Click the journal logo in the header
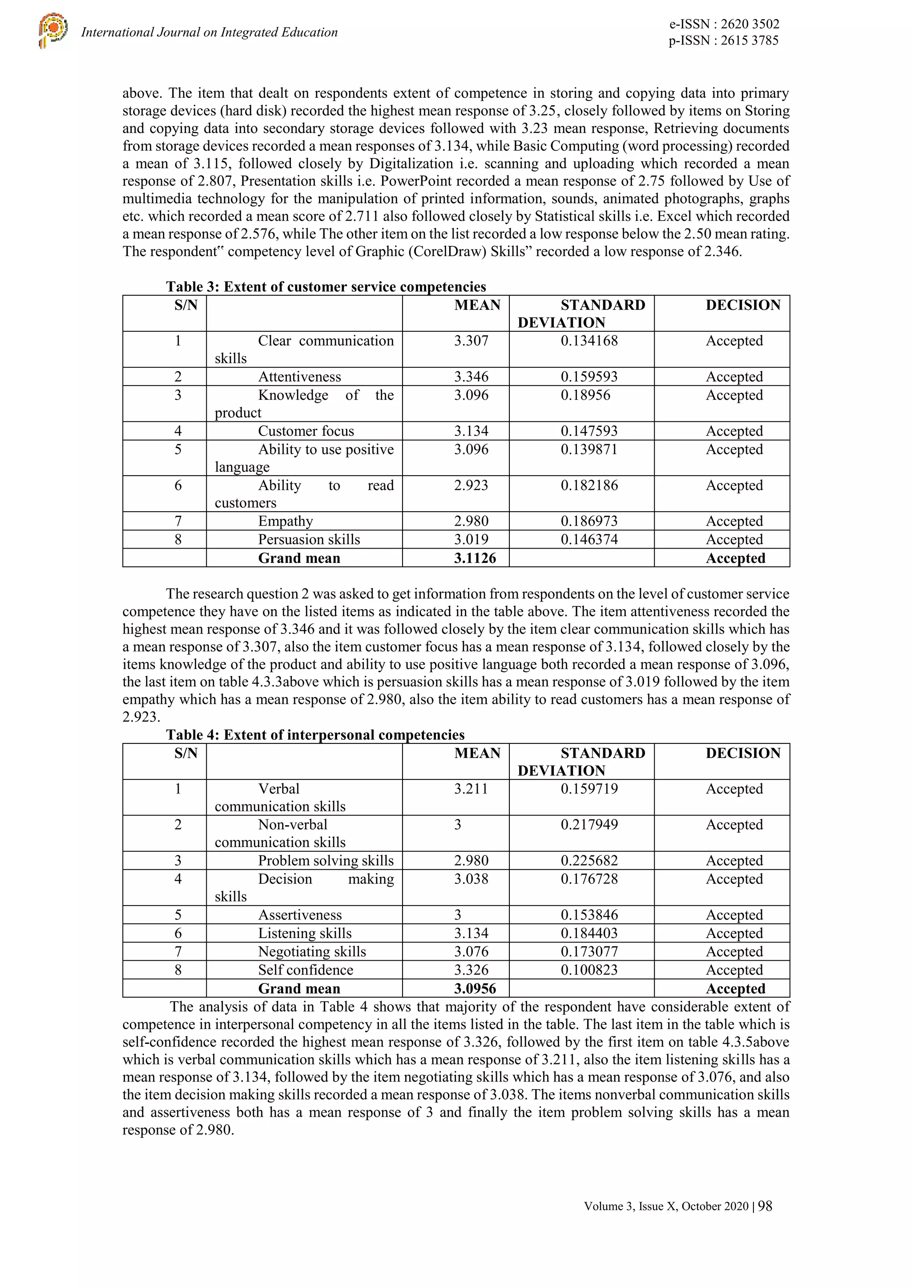pos(53,30)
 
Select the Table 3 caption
pos(326,287)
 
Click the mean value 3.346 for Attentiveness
pos(471,377)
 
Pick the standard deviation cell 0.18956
pos(585,395)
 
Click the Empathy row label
pos(285,521)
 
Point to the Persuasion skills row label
pos(309,540)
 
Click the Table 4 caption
pos(315,735)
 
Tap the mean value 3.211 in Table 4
pos(471,789)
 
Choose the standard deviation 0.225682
pos(589,861)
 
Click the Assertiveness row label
pos(300,915)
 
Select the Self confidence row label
pos(305,970)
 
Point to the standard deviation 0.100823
pos(589,970)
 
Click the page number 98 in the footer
pos(765,1206)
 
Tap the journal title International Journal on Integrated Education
pos(210,32)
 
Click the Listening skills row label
pos(305,934)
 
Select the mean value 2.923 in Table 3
pos(471,485)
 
